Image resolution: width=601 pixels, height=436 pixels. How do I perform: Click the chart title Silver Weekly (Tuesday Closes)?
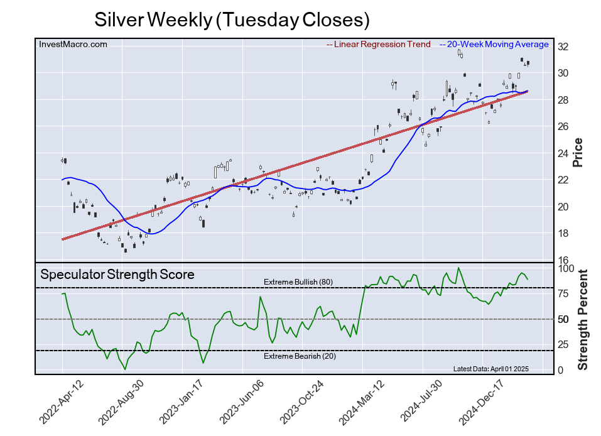tap(232, 19)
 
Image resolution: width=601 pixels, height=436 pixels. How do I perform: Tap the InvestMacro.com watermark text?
tap(73, 44)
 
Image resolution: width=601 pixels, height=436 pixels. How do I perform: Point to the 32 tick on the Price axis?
tap(564, 46)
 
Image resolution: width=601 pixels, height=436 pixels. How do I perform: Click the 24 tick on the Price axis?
tap(564, 153)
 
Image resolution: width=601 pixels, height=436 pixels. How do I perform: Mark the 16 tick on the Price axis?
tap(564, 260)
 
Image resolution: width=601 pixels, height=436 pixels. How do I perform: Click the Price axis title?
tap(578, 153)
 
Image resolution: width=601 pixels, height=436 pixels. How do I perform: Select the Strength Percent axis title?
tap(583, 320)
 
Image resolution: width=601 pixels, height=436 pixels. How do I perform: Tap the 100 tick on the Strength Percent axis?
tap(567, 268)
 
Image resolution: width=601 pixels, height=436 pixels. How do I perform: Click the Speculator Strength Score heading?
tap(117, 275)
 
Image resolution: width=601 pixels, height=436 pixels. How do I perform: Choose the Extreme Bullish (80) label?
tap(298, 282)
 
